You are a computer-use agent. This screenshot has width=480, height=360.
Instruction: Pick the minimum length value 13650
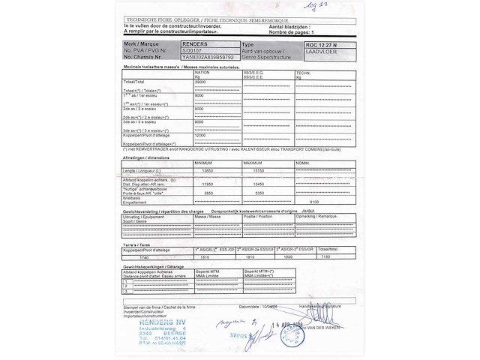[202, 169]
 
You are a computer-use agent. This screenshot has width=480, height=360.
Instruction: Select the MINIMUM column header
[203, 162]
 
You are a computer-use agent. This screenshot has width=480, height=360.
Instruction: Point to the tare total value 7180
[325, 256]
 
